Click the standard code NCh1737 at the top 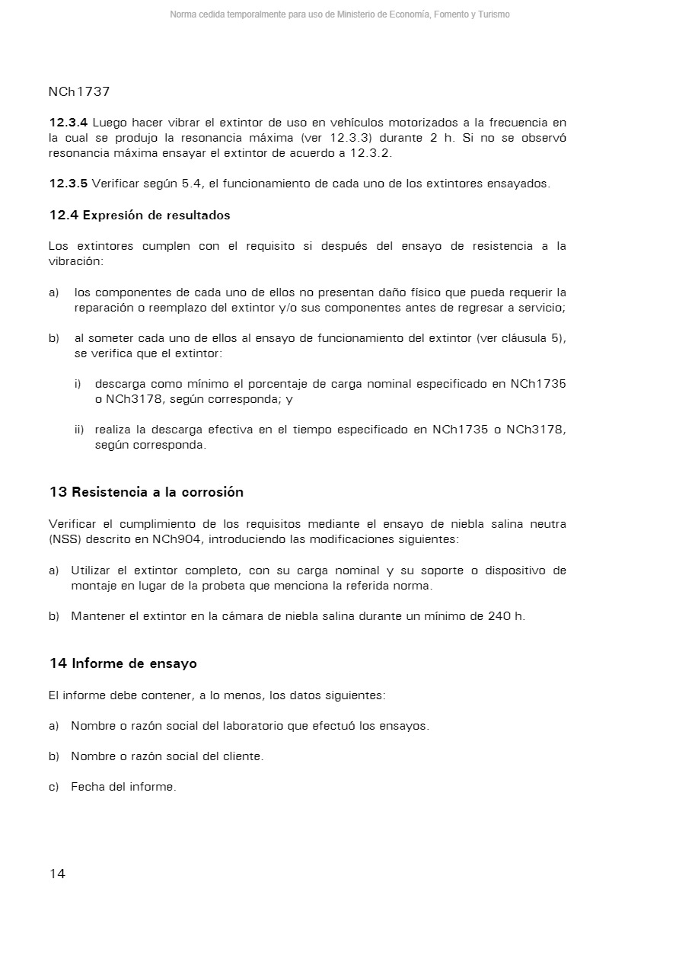[x=79, y=91]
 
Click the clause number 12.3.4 [x=69, y=123]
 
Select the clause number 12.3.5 [x=69, y=184]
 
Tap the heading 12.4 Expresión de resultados [x=139, y=216]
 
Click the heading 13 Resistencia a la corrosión [x=146, y=492]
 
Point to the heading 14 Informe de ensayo [x=123, y=663]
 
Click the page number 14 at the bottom [x=57, y=874]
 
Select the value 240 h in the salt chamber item [x=505, y=616]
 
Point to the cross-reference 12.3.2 [x=370, y=153]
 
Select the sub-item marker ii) [x=79, y=430]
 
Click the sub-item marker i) [x=78, y=384]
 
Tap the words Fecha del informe [x=123, y=787]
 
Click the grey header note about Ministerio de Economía [x=339, y=14]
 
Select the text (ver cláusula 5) [x=521, y=338]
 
